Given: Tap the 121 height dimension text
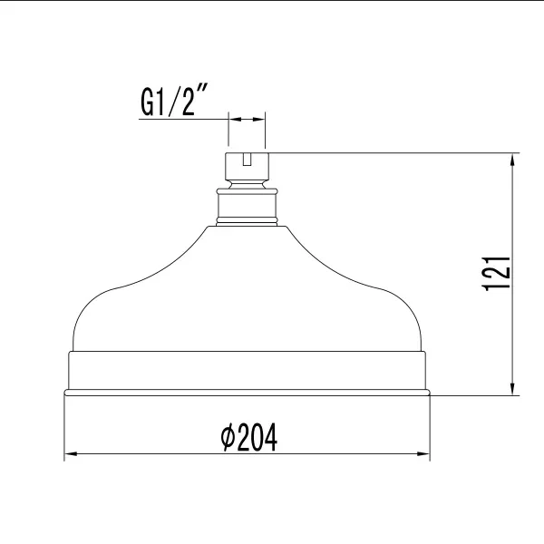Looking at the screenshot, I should (x=497, y=273).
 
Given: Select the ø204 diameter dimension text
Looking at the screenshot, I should (x=248, y=439).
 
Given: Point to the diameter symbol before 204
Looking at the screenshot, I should (x=227, y=440).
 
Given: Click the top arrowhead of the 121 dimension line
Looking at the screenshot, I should (x=514, y=159).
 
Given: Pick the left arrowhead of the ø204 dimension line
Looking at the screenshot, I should (x=71, y=455).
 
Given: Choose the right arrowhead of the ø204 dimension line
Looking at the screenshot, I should (x=422, y=455).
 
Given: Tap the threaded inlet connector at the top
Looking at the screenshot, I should (x=246, y=169).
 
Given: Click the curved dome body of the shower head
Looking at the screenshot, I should (x=246, y=290).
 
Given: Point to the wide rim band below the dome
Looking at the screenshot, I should (x=246, y=370).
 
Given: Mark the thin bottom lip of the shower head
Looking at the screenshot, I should (x=246, y=393).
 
